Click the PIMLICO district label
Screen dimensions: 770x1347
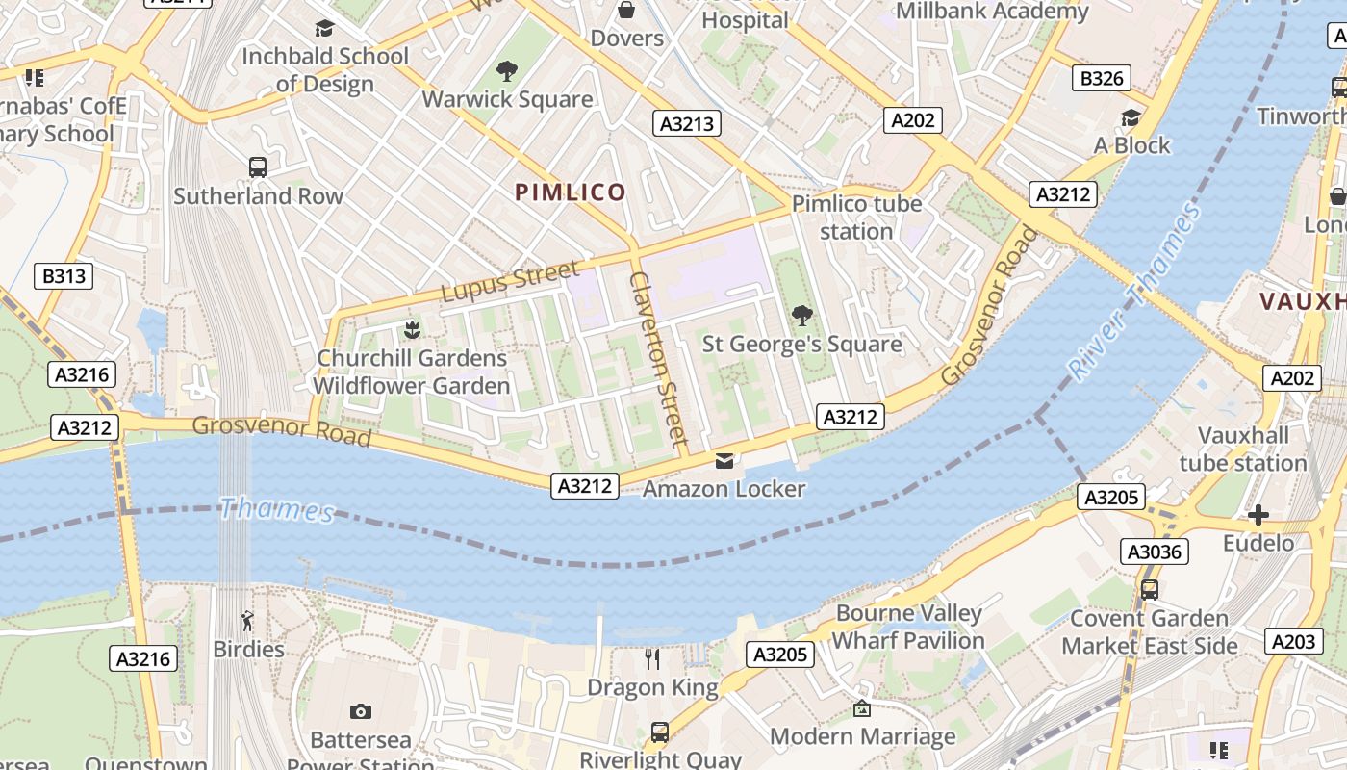[571, 192]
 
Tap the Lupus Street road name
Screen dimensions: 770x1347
[511, 280]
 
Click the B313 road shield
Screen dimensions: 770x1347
[64, 276]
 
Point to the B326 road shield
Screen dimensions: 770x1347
[1102, 78]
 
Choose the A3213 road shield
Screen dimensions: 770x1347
[687, 122]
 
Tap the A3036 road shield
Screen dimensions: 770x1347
[1155, 552]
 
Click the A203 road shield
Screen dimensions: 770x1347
[1293, 641]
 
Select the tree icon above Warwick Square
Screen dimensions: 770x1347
[507, 71]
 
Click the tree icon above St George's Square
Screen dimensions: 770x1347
[801, 316]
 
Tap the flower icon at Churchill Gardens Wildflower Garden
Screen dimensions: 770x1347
[412, 330]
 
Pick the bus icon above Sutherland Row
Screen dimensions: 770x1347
[258, 167]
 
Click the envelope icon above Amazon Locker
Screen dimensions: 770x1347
[724, 461]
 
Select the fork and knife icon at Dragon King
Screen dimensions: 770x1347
[652, 659]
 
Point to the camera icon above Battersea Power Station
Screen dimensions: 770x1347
[361, 711]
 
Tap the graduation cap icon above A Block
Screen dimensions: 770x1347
[1131, 117]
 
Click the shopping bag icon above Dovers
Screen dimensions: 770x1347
[626, 11]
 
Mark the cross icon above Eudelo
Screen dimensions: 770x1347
[1258, 515]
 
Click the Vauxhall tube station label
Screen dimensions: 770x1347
[1243, 449]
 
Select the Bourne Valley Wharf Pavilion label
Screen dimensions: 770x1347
[908, 627]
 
